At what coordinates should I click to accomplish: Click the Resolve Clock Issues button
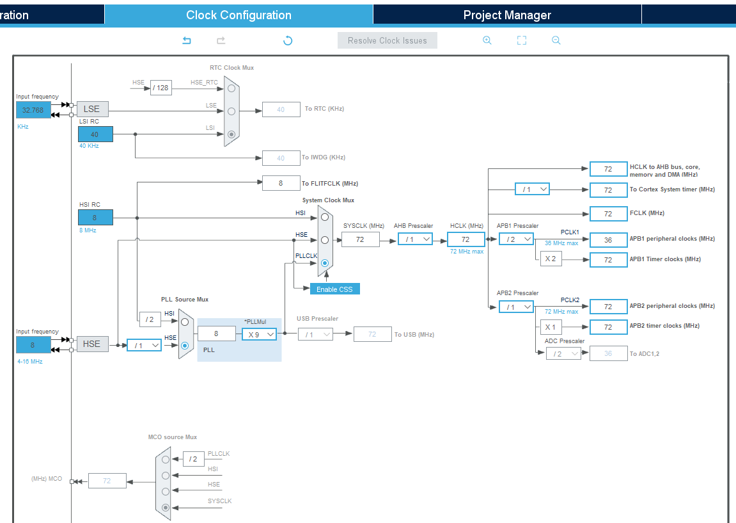(387, 40)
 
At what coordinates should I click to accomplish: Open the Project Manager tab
(506, 15)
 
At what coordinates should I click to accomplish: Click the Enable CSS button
(334, 289)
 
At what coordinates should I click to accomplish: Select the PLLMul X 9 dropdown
(259, 334)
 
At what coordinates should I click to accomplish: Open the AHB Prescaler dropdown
(414, 239)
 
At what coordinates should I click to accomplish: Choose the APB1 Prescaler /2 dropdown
(516, 239)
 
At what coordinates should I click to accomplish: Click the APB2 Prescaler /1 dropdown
(516, 307)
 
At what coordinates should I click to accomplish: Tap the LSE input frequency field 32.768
(33, 110)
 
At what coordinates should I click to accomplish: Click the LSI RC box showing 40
(95, 134)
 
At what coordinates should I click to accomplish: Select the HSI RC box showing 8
(95, 218)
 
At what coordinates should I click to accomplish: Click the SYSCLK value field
(360, 239)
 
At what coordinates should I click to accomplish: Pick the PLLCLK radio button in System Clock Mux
(325, 263)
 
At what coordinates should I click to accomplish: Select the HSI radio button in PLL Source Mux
(185, 321)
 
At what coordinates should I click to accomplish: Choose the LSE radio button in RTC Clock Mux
(231, 111)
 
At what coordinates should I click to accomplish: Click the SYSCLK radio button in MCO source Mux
(166, 508)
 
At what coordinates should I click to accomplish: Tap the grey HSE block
(91, 344)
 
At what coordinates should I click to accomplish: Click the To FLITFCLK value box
(281, 183)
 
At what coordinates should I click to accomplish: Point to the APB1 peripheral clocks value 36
(608, 239)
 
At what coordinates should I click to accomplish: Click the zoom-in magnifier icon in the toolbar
(487, 40)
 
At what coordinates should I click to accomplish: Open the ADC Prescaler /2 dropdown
(563, 353)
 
